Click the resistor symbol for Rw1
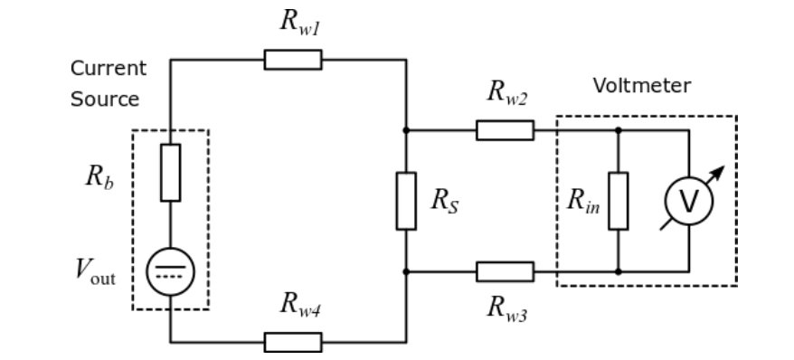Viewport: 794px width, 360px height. point(292,60)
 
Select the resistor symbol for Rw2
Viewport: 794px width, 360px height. point(505,130)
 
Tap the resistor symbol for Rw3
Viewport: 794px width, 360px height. point(505,271)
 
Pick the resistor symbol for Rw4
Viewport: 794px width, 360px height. point(292,342)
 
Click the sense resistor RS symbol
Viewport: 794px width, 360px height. point(406,201)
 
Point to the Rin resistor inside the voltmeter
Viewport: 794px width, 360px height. point(618,201)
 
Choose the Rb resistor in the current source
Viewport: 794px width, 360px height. point(170,172)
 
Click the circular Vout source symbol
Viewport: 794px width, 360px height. point(170,271)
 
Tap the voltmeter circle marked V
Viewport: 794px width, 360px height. point(688,201)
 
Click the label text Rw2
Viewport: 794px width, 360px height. point(507,93)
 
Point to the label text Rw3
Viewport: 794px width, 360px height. point(507,308)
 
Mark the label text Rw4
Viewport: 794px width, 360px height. point(301,307)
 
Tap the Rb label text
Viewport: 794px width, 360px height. point(99,176)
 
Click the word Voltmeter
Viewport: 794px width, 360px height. point(641,86)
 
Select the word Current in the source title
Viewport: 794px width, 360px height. point(108,69)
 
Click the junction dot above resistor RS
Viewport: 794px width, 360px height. point(406,130)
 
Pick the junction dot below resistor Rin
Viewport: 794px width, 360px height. point(618,271)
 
